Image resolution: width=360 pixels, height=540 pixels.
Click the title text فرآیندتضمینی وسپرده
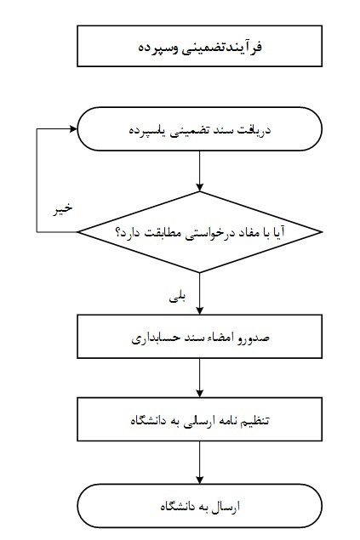coord(200,47)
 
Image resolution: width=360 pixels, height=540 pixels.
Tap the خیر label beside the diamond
coord(63,208)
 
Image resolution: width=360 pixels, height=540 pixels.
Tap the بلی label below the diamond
coord(177,297)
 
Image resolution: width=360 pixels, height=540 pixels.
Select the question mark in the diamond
coord(117,232)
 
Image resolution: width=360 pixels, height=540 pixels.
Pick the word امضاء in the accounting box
coord(218,337)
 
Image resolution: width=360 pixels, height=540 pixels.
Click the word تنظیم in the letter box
coord(254,421)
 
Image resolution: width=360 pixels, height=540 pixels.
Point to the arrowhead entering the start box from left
coord(73,129)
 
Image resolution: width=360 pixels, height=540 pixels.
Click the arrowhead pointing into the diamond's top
coord(199,187)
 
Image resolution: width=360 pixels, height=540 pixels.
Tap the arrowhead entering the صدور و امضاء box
coord(199,310)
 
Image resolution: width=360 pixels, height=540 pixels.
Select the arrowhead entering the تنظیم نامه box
coord(199,393)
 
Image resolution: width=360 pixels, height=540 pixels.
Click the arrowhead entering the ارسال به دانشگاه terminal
coord(199,480)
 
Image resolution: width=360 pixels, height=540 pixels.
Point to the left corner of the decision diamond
coord(77,232)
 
